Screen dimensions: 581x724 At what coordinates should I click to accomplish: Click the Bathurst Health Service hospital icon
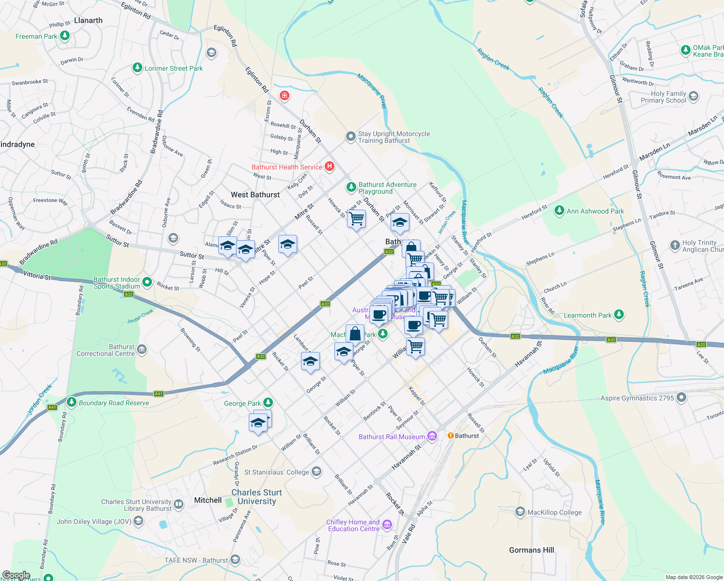(330, 167)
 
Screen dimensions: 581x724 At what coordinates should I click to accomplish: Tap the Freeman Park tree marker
(65, 36)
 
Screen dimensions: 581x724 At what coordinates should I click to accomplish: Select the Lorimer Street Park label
(174, 68)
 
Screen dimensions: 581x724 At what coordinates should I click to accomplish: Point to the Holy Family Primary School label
(664, 97)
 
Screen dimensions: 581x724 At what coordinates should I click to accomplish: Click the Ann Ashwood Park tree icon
(559, 211)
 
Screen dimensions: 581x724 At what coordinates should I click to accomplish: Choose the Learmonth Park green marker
(618, 315)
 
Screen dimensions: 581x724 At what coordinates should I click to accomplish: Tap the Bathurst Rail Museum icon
(432, 436)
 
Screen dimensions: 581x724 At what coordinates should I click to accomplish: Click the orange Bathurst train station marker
(451, 436)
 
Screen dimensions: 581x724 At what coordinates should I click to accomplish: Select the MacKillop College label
(555, 512)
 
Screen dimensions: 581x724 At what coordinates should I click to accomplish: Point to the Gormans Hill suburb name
(531, 550)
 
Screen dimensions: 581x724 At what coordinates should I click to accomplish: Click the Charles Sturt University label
(256, 497)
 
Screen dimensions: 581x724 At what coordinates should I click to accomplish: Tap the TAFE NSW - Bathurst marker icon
(235, 560)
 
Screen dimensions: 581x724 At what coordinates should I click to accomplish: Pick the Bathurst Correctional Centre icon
(142, 349)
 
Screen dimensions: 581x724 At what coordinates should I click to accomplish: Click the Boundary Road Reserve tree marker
(72, 402)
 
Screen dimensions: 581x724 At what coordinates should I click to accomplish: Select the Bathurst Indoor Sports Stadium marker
(147, 282)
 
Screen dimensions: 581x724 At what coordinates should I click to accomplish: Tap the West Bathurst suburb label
(255, 195)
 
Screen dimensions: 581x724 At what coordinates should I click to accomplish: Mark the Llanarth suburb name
(88, 20)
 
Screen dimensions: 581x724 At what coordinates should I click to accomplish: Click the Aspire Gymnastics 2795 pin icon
(681, 398)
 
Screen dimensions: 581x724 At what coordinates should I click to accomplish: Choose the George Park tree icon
(268, 403)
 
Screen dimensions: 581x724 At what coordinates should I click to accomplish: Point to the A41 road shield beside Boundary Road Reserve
(159, 394)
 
